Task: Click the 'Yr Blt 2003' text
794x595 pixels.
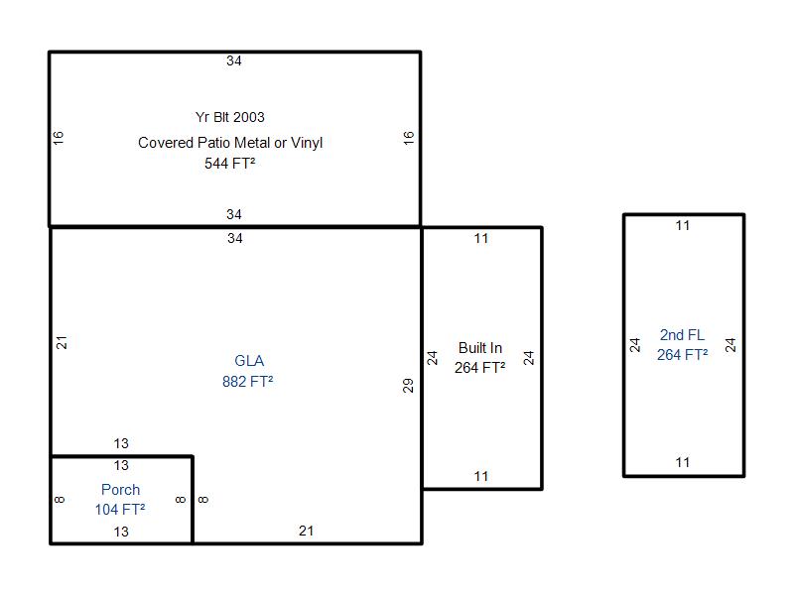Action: click(x=230, y=117)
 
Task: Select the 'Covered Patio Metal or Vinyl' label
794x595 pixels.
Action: click(x=230, y=143)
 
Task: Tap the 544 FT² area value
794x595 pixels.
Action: click(x=230, y=164)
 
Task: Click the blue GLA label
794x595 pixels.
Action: click(x=249, y=361)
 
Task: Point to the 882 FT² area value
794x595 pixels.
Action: click(x=248, y=381)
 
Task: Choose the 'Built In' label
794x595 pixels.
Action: click(x=480, y=348)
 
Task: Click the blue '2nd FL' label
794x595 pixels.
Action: click(x=682, y=335)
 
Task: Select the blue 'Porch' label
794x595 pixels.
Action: click(x=121, y=490)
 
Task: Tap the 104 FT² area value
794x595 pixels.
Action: click(x=121, y=510)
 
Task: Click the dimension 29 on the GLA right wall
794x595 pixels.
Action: click(x=408, y=386)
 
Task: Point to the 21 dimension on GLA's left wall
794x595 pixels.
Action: click(x=62, y=342)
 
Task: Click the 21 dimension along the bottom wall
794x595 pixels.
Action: click(x=306, y=532)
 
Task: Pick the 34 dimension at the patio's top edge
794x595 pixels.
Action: click(x=234, y=61)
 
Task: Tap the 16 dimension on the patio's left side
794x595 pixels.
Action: click(x=59, y=138)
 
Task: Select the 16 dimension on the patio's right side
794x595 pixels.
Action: click(x=409, y=138)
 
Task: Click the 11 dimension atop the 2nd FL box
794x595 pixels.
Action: click(x=683, y=226)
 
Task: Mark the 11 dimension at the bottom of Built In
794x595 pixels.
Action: click(x=481, y=477)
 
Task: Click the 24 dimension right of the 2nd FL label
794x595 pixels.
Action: click(x=730, y=345)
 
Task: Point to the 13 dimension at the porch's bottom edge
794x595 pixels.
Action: click(x=121, y=533)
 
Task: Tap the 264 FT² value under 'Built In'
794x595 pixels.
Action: click(x=480, y=368)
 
